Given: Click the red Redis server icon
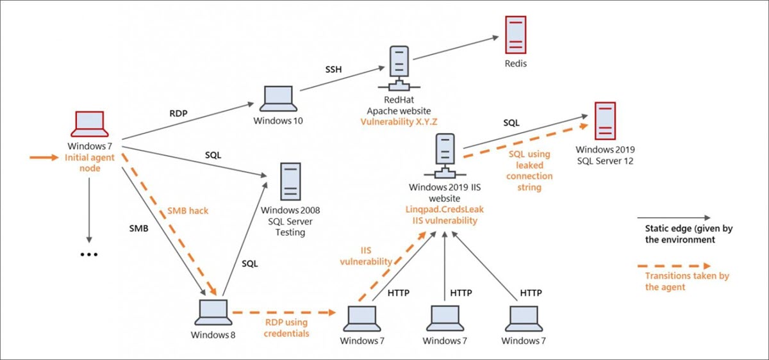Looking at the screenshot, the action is point(516,35).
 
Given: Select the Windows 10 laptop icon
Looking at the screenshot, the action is point(278,99).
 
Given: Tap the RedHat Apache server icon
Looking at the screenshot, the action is point(399,69).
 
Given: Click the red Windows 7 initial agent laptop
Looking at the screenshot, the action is point(90,124).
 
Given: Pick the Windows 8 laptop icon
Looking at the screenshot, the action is point(213,313).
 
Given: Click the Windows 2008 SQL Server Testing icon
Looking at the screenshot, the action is point(290,181).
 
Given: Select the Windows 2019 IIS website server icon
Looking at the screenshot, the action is point(445,156).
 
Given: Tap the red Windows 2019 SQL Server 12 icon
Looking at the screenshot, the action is point(605,121).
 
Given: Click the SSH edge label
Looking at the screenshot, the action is point(333,69).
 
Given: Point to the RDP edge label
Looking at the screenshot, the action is point(179,113).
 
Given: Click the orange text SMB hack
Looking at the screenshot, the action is point(188,211).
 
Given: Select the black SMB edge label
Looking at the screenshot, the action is point(138,228).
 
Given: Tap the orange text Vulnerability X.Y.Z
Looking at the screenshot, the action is point(399,122).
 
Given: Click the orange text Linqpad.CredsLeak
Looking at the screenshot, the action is point(445,209).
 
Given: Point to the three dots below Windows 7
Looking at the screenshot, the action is point(89,255).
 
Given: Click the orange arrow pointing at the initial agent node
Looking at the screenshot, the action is point(44,158).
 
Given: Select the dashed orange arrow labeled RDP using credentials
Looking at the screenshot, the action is point(284,313).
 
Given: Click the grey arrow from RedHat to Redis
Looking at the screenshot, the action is point(456,47).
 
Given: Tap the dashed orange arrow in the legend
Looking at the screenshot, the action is point(674,266).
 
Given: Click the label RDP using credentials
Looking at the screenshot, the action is point(286,328).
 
